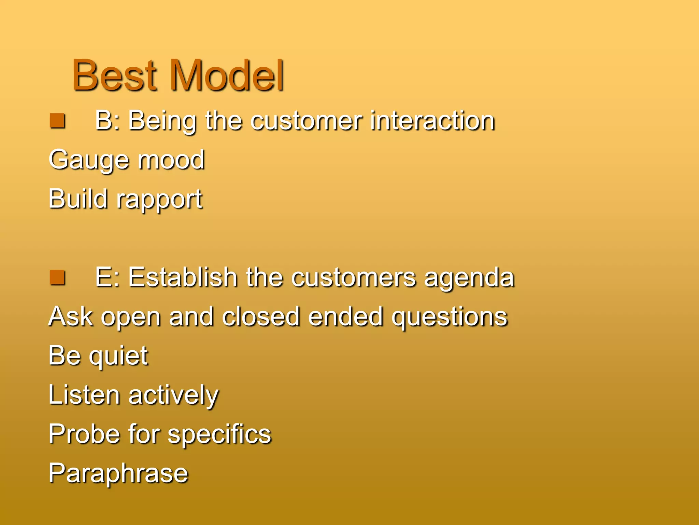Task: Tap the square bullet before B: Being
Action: click(x=57, y=121)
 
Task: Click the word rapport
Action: click(x=159, y=200)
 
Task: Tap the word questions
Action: click(x=450, y=317)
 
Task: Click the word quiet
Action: click(x=118, y=356)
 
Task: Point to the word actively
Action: click(x=173, y=395)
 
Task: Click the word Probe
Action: click(x=84, y=434)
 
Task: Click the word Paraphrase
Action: click(x=118, y=473)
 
